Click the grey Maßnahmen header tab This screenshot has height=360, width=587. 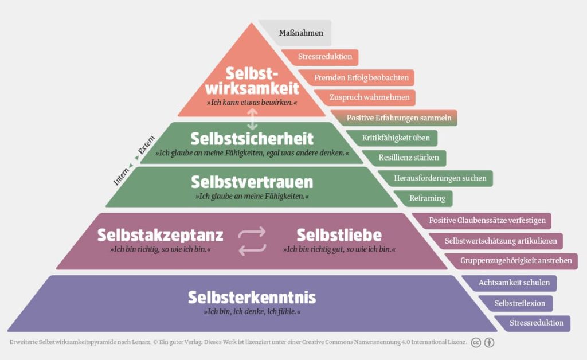pos(300,33)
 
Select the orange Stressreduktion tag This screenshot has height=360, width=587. pos(320,57)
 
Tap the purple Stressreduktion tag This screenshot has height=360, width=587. pos(537,323)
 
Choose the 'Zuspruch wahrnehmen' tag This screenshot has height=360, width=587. pos(369,97)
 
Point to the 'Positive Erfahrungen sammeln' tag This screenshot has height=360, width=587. pos(399,118)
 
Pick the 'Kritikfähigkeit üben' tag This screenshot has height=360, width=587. pos(396,138)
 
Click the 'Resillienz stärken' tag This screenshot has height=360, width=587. pos(408,158)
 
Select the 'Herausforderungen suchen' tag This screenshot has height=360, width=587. pos(440,178)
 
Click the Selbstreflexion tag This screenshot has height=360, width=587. pos(520,303)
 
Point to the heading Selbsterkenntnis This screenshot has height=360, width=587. pos(252,298)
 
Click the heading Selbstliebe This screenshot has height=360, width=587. pos(339,235)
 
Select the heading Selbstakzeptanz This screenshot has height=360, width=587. pos(161,235)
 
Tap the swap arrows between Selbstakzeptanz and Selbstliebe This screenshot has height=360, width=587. pos(252,241)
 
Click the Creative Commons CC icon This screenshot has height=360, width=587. pos(476,342)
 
